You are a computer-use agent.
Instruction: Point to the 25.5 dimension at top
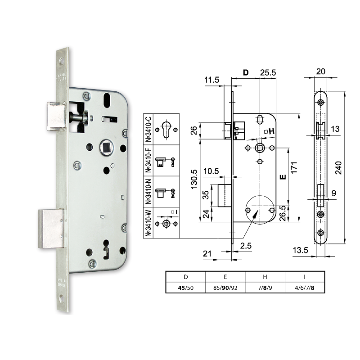pos(267,72)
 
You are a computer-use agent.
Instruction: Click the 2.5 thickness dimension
pos(245,245)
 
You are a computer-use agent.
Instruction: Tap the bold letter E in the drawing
pos(282,177)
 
